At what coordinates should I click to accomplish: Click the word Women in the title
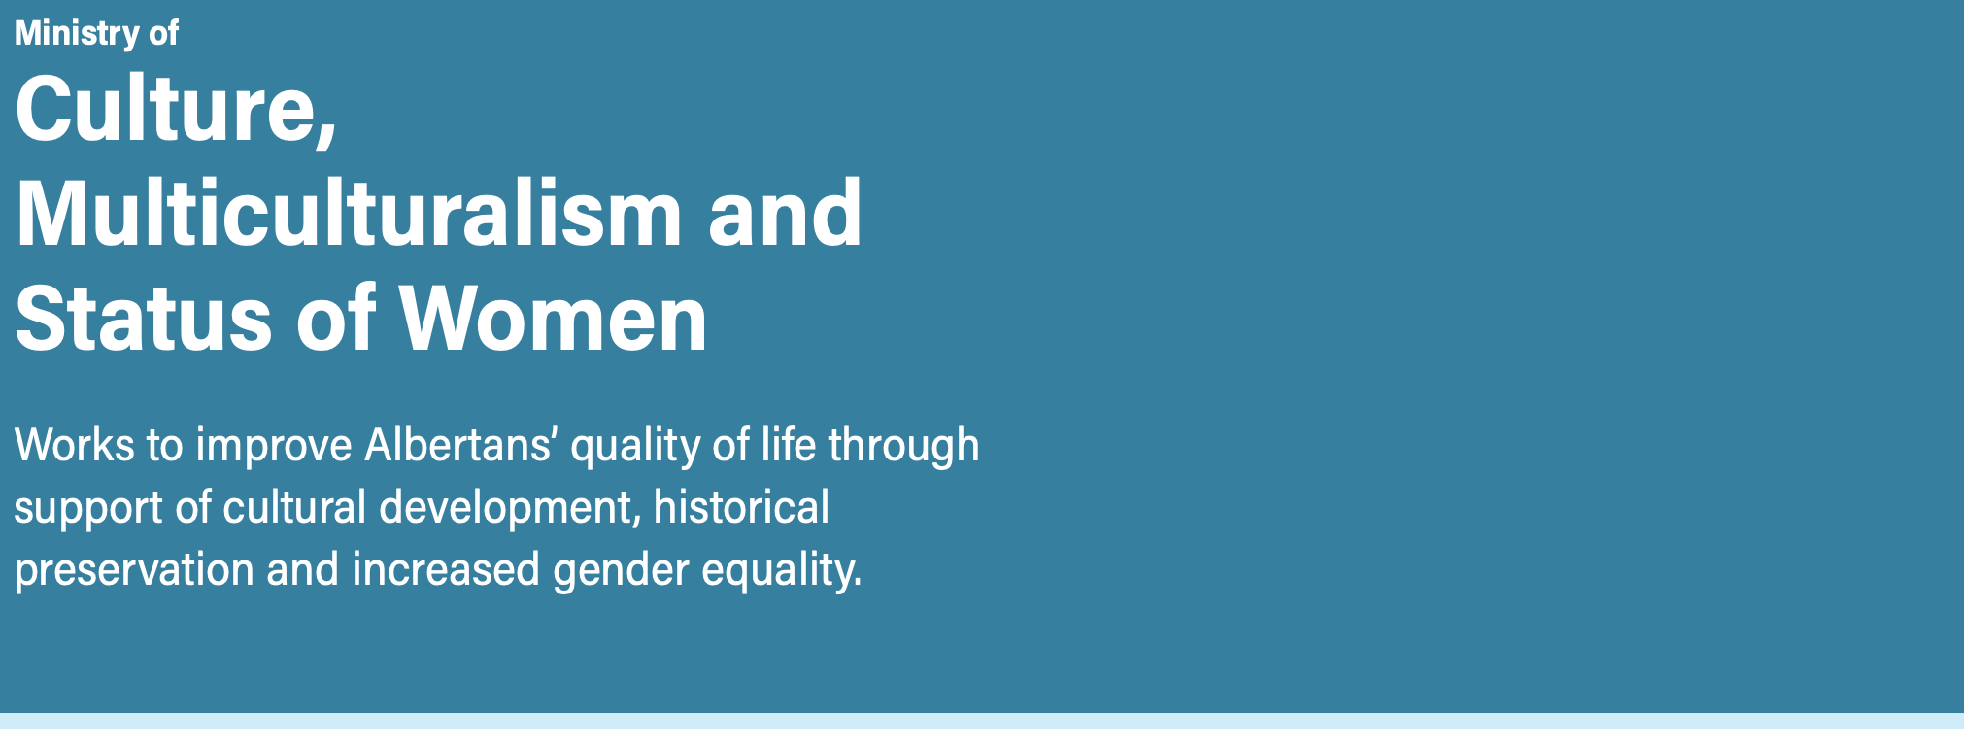[554, 318]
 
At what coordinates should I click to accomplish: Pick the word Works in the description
[75, 445]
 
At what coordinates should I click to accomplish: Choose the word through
[904, 447]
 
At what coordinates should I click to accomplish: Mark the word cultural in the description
[294, 507]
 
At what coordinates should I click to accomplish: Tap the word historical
[742, 507]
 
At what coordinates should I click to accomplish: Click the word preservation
[134, 571]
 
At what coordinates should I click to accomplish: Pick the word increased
[446, 569]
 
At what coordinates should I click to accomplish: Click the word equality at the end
[782, 571]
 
